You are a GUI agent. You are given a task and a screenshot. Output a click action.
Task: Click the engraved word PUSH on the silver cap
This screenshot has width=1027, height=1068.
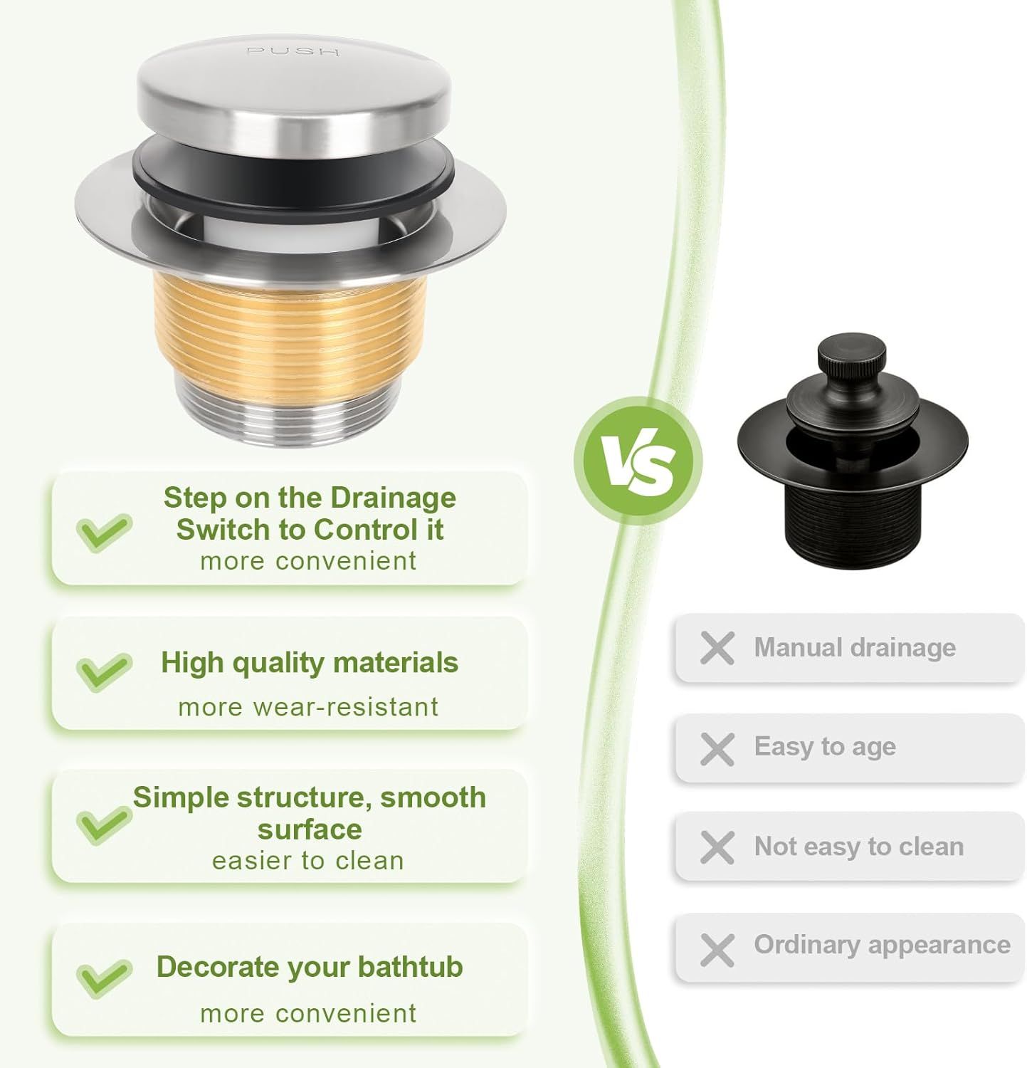tap(293, 51)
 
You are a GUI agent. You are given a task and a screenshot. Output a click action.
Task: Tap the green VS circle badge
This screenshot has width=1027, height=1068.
tap(638, 461)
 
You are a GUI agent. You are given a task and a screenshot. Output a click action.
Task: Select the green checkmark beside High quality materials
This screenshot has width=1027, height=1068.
tap(104, 671)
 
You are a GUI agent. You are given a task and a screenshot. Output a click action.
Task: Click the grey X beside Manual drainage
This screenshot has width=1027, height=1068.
tap(717, 649)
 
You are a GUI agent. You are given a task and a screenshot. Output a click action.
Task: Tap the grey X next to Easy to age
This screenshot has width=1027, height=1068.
tap(717, 749)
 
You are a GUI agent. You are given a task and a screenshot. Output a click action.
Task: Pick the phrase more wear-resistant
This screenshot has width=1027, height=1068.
tap(308, 707)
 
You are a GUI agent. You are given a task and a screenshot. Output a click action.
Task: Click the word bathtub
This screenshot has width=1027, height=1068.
tap(410, 967)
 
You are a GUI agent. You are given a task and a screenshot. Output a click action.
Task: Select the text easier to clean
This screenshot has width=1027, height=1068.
tap(308, 861)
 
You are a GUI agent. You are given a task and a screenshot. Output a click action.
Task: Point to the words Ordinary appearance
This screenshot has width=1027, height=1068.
tap(882, 945)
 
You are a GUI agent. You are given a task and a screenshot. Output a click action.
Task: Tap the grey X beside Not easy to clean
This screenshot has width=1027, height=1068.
tap(717, 848)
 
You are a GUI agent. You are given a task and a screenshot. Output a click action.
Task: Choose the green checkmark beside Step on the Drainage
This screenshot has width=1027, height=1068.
tap(104, 533)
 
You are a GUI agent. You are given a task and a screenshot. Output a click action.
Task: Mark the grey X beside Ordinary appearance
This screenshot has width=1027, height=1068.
tap(717, 950)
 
